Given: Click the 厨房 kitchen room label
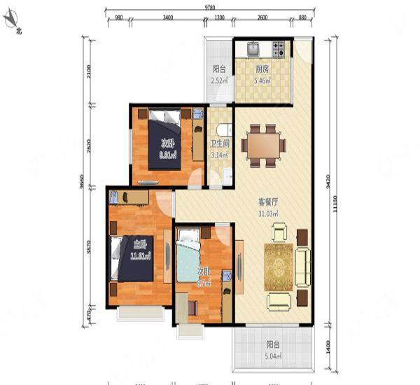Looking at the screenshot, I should pos(262,69).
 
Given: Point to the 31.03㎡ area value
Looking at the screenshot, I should pos(268,213).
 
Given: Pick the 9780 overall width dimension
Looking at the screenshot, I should pos(209,6).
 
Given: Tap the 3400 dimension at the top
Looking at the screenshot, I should pos(167,18).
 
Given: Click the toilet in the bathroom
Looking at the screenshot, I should pos(223,129).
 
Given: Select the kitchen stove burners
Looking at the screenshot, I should pos(278,49).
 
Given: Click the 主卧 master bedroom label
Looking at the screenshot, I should pos(139,244).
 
